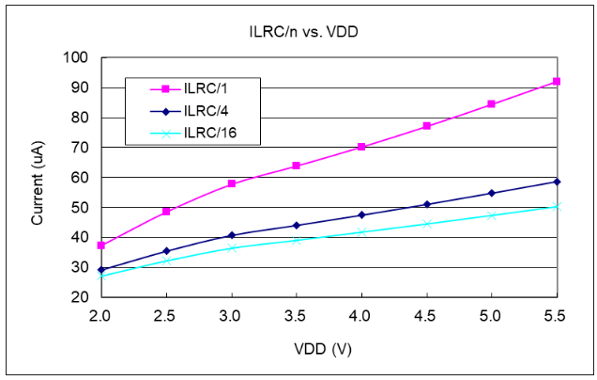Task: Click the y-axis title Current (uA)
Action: point(38,177)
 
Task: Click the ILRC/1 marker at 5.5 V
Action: point(557,82)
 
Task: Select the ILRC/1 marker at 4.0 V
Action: point(361,147)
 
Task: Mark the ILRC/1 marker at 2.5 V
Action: point(166,212)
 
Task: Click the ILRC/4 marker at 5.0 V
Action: point(492,193)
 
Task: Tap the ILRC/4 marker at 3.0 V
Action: point(231,235)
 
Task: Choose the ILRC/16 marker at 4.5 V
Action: point(427,224)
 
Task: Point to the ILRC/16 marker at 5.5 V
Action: point(557,206)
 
